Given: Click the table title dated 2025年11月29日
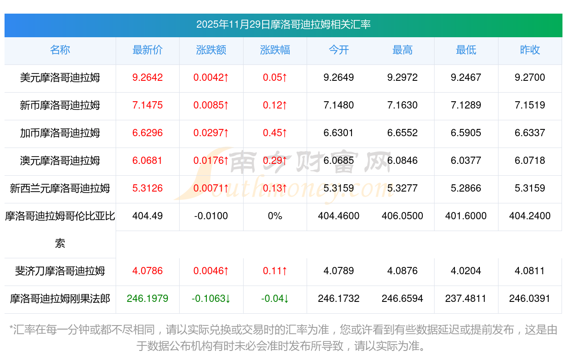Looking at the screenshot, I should pyautogui.click(x=283, y=25).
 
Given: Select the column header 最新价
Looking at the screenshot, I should pyautogui.click(x=147, y=50).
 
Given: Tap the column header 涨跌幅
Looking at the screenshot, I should pyautogui.click(x=275, y=50).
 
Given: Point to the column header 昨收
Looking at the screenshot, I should pyautogui.click(x=530, y=50).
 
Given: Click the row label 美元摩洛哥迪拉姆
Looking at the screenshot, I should pyautogui.click(x=60, y=78).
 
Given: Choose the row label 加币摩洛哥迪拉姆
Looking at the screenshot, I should pyautogui.click(x=60, y=133).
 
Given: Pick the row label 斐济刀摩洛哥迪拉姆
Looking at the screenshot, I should pyautogui.click(x=60, y=271).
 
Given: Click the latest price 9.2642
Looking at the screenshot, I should pyautogui.click(x=147, y=78).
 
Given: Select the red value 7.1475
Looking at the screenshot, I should pyautogui.click(x=147, y=105).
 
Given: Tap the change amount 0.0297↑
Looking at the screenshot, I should pyautogui.click(x=211, y=133).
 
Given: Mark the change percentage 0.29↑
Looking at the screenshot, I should pyautogui.click(x=275, y=161).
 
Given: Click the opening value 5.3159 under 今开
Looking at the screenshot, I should pyautogui.click(x=339, y=188).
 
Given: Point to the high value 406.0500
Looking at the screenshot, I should pyautogui.click(x=402, y=216).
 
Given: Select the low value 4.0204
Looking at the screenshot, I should pyautogui.click(x=466, y=271).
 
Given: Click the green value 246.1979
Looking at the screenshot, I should pyautogui.click(x=147, y=299).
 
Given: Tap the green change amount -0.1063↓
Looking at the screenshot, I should pyautogui.click(x=211, y=299).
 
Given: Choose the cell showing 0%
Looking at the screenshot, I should pyautogui.click(x=275, y=216).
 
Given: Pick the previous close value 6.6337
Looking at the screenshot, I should pyautogui.click(x=530, y=133).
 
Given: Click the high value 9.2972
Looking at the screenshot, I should pyautogui.click(x=402, y=78).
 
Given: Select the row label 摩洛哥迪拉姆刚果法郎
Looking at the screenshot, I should pyautogui.click(x=60, y=299).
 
